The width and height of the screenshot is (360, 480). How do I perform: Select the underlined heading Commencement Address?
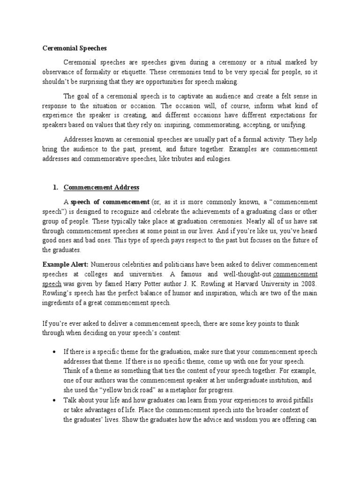(101, 187)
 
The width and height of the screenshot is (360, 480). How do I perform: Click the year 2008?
(308, 284)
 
